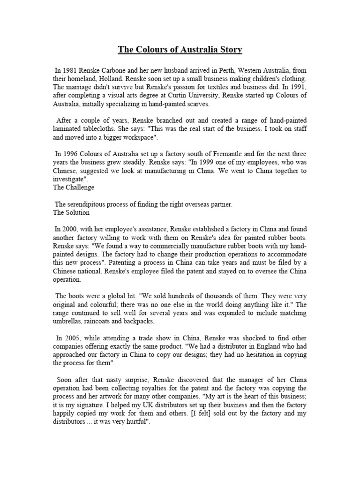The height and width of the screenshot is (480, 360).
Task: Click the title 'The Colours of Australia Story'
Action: point(180,49)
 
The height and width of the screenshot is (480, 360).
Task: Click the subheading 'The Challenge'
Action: point(74,187)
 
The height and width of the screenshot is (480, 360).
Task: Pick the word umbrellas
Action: point(69,321)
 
